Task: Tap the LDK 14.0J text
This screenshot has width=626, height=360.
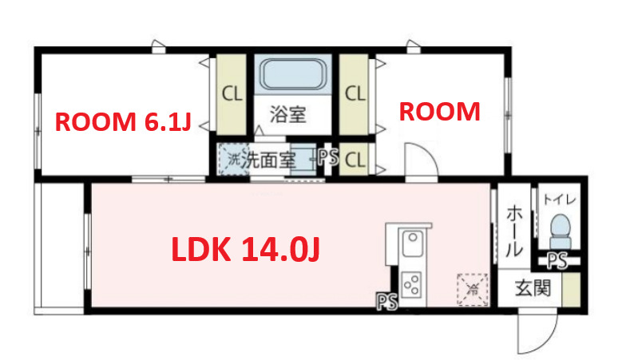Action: [247, 250]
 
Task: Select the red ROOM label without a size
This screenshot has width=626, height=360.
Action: [439, 112]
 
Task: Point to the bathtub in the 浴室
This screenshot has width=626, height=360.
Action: [295, 77]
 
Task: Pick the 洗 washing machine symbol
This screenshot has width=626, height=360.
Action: [234, 158]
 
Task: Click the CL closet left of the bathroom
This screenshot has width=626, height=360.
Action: [232, 93]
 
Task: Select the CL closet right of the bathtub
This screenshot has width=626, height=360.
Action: [355, 93]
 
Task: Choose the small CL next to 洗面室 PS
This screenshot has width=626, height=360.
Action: [355, 159]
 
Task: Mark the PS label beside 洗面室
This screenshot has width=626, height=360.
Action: [327, 158]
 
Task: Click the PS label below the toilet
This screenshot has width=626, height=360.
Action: [557, 259]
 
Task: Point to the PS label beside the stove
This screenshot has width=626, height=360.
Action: [387, 301]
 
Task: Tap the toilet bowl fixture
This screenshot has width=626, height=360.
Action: [561, 229]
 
